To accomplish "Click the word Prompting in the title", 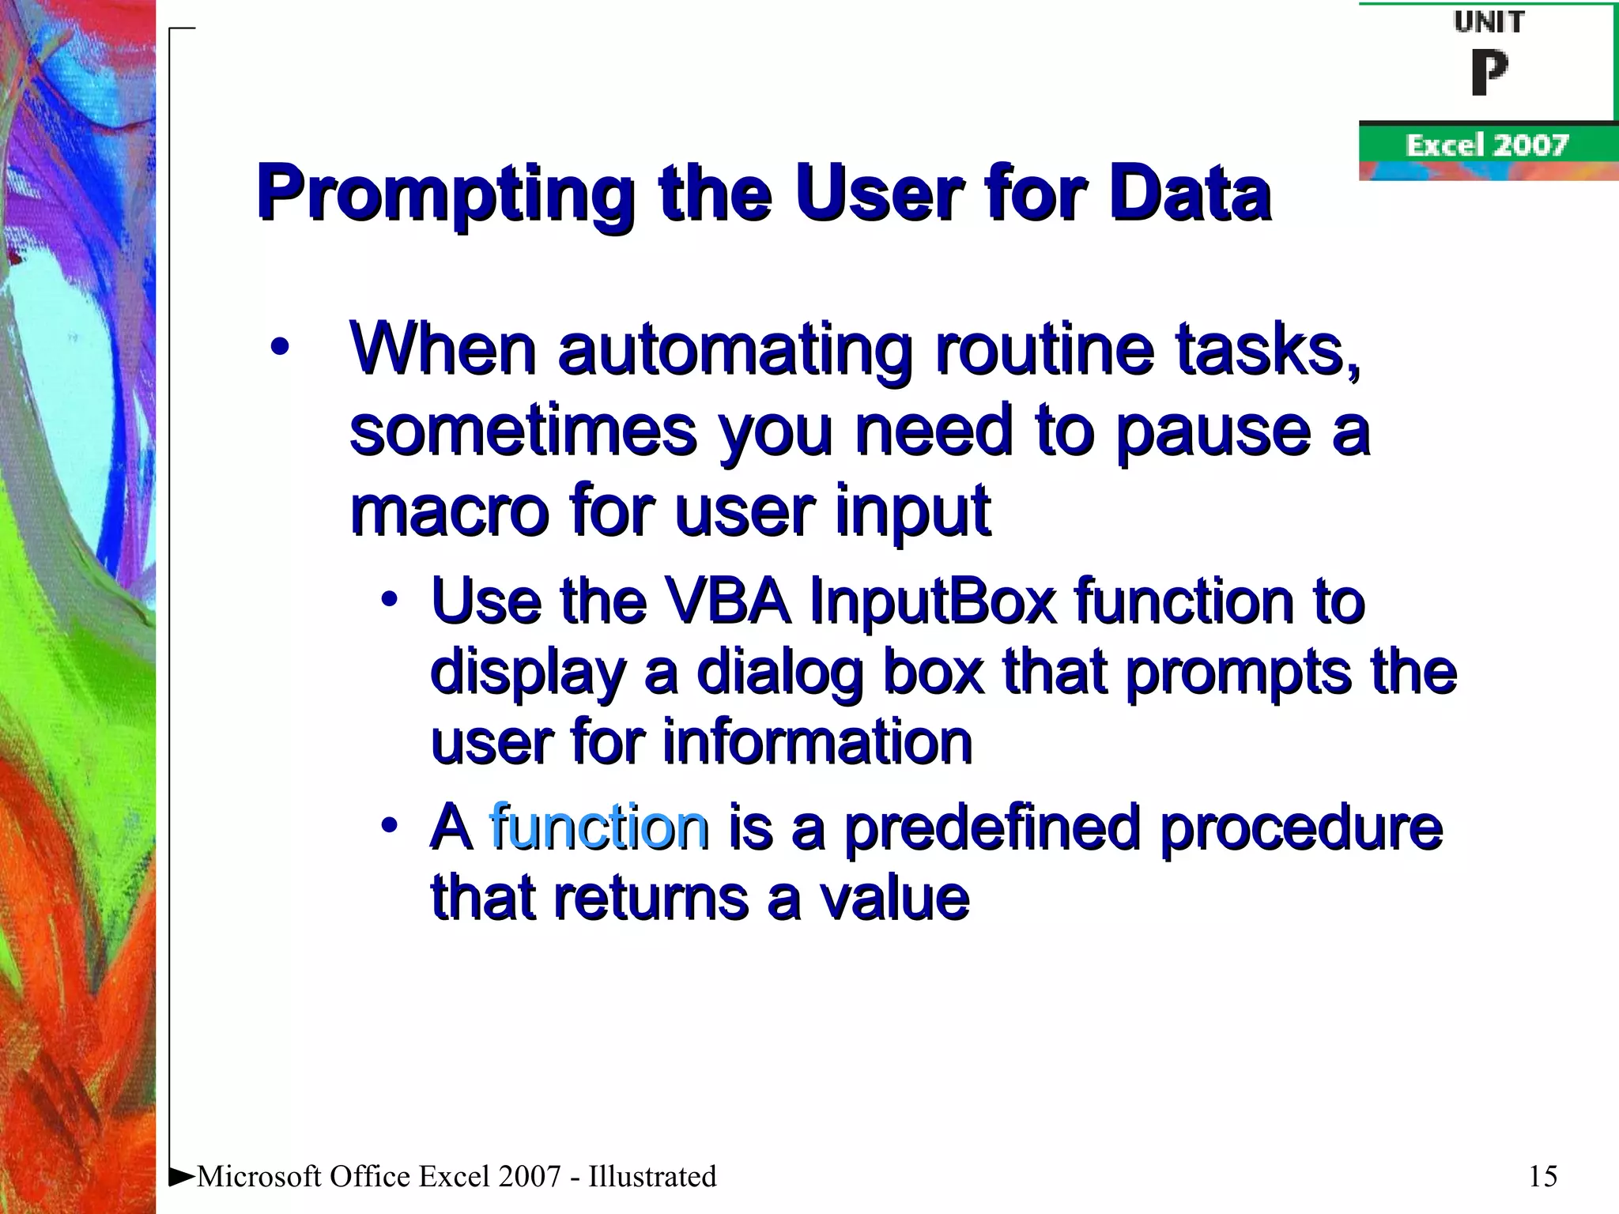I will pos(445,194).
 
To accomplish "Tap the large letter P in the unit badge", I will pos(1489,73).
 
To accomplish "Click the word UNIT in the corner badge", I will pos(1489,22).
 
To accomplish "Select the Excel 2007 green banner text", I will pos(1486,145).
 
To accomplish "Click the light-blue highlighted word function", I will pos(598,827).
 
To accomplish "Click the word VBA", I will pos(727,601).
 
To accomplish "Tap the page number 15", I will pos(1542,1176).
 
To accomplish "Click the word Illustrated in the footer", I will pos(652,1176).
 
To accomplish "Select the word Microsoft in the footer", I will pos(259,1176).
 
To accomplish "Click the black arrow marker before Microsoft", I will pos(182,1175).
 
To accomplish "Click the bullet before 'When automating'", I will pos(279,347).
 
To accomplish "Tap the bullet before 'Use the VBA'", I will pos(388,599).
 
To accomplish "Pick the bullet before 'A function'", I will pos(388,825).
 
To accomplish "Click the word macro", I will pos(449,511).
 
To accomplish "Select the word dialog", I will pos(779,673).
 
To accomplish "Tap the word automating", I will pos(735,350).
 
